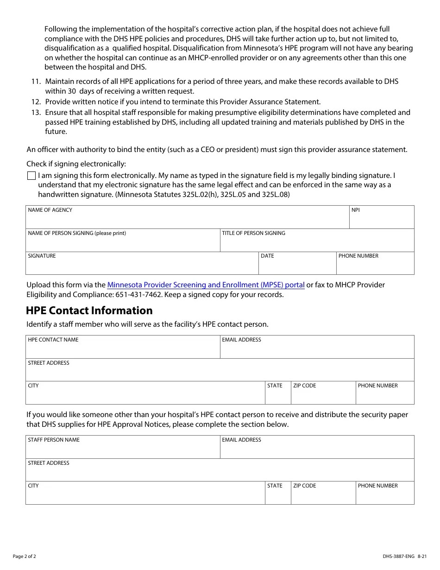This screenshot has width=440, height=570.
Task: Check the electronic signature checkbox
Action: tap(31, 176)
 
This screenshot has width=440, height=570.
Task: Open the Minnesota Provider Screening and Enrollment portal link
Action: tap(206, 285)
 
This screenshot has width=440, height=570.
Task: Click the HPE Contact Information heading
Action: tap(89, 310)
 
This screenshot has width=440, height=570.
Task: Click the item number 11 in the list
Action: tap(36, 82)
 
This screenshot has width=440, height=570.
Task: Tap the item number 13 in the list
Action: tap(36, 113)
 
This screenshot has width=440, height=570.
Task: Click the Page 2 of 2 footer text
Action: tap(25, 557)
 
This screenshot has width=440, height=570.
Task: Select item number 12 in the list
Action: tap(36, 102)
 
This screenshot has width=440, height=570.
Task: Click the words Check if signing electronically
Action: tap(76, 164)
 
